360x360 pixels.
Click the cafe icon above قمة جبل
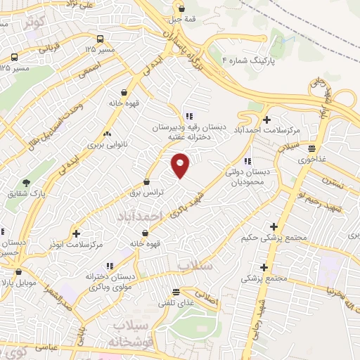(x=182, y=9)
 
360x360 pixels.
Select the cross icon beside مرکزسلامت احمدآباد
(x=266, y=120)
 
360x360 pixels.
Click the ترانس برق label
(x=148, y=191)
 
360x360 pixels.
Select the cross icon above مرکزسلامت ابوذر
(x=77, y=232)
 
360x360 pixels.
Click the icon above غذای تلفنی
(x=176, y=291)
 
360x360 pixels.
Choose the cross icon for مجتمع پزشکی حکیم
(x=274, y=226)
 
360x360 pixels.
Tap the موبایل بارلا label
(x=23, y=283)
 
